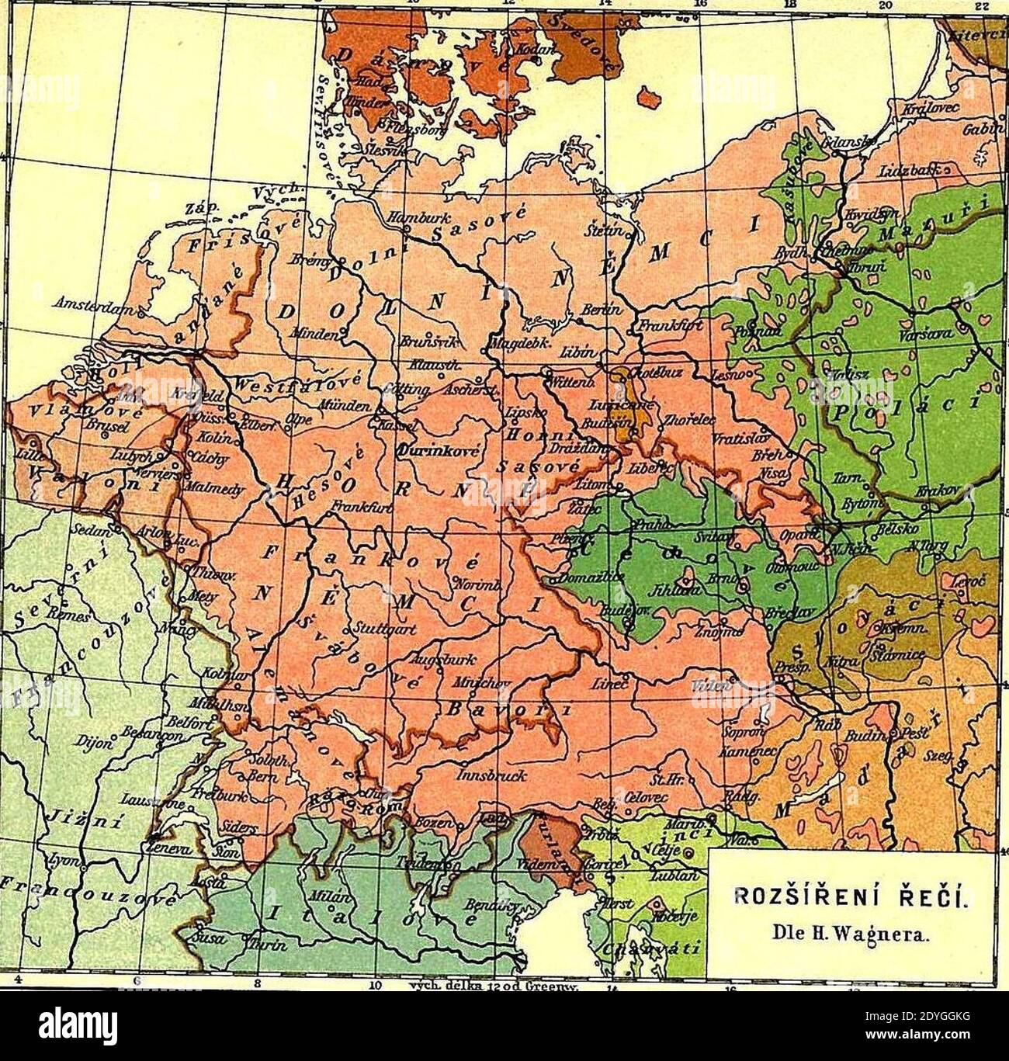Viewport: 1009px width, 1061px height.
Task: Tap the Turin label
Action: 267,945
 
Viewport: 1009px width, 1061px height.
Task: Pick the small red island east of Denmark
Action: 650,98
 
